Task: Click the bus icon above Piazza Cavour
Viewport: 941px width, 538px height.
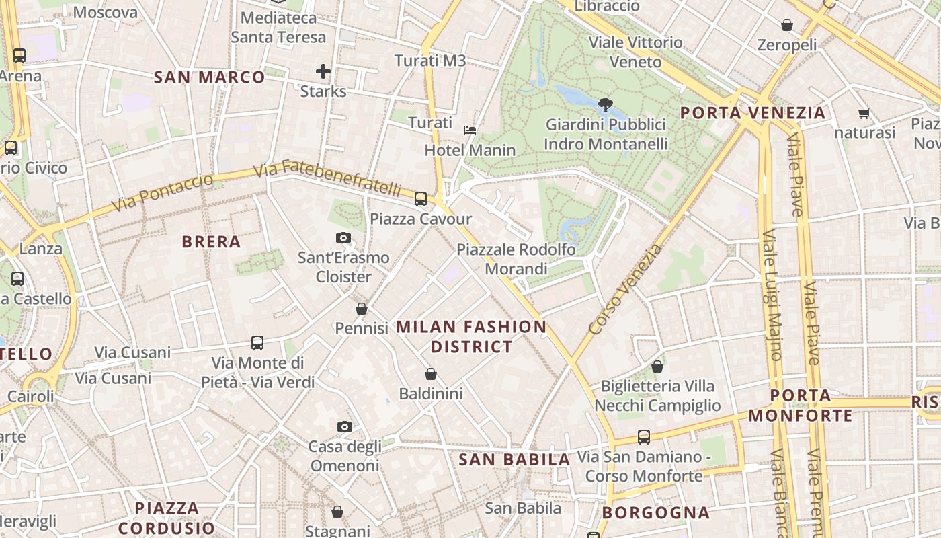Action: (x=421, y=198)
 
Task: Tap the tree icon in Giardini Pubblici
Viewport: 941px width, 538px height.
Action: (x=605, y=104)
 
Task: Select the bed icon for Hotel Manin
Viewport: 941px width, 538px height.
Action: (x=470, y=130)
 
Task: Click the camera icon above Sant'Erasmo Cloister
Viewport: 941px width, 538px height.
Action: (x=343, y=237)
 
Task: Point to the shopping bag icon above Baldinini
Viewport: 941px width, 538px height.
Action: (x=431, y=374)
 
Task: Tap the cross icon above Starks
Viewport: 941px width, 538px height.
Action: (x=323, y=71)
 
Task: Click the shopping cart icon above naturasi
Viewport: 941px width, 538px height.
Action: (x=864, y=113)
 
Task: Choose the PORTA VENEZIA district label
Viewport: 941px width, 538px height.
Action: (x=752, y=112)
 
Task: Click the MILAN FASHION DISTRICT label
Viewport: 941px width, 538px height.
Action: (x=471, y=337)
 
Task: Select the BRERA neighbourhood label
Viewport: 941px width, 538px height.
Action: (x=211, y=242)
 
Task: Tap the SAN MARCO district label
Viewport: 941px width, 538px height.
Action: (x=210, y=77)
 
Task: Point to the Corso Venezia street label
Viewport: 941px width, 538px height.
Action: (x=624, y=291)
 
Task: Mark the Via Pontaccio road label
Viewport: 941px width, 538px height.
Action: (x=162, y=192)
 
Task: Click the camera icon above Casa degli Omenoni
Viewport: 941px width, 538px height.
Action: (x=344, y=426)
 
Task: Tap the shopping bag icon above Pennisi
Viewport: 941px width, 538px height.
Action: (x=362, y=309)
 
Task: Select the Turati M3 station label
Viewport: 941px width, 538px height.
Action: (x=430, y=61)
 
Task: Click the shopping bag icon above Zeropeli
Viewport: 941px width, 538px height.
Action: (x=786, y=26)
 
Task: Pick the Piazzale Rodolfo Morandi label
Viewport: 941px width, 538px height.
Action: (x=516, y=259)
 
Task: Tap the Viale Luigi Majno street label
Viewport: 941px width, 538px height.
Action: (x=772, y=296)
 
